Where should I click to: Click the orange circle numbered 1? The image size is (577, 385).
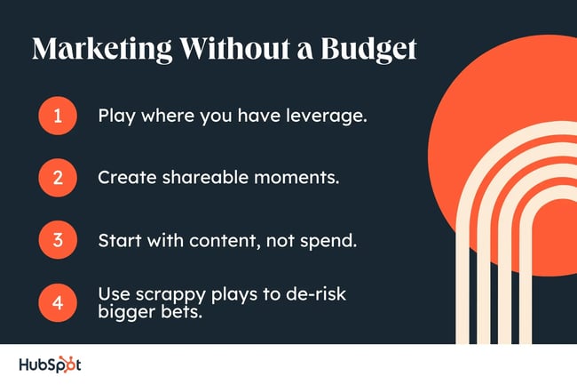coord(58,116)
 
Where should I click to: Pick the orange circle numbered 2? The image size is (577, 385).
coord(58,176)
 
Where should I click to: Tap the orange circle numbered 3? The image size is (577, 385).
coord(58,238)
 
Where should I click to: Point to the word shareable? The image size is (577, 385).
coord(194,176)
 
